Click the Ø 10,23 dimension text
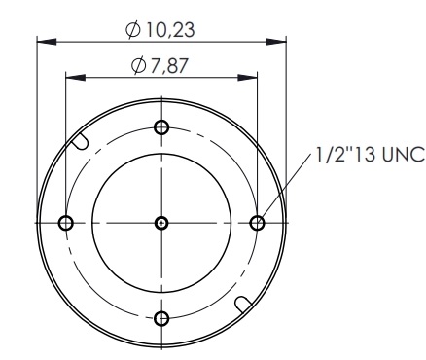coord(160,30)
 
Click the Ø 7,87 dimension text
coord(160,65)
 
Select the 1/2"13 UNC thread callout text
coord(370,154)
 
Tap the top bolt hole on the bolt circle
coord(161,127)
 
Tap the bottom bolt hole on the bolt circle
coord(161,318)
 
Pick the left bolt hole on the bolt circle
coord(66,223)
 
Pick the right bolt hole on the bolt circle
coord(258,223)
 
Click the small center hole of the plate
coord(161,223)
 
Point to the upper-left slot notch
coord(80,141)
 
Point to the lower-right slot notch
coord(243,305)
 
